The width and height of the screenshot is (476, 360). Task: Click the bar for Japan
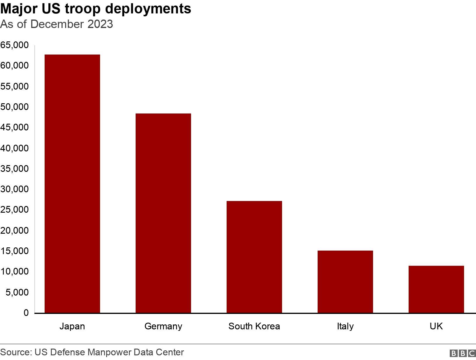pos(72,184)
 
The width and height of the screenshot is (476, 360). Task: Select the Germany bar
pos(163,213)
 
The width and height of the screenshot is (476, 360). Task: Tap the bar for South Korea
pos(254,257)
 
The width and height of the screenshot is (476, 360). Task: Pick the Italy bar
pos(345,282)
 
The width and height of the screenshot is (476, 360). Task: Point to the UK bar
pos(436,289)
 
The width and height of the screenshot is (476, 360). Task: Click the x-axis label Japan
pos(72,326)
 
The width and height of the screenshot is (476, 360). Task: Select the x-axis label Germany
pos(163,326)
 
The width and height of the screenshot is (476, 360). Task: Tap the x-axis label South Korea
pos(254,326)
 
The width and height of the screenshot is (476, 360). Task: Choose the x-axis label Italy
pos(345,326)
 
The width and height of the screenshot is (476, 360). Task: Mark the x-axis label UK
pos(436,326)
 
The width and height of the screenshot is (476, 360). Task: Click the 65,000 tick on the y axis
pos(14,45)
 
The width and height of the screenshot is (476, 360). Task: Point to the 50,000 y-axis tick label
pos(14,107)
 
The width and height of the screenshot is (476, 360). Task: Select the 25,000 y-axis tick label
pos(14,210)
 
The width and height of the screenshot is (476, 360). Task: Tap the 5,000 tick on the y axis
pos(17,292)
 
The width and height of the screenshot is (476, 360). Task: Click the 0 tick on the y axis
pos(26,313)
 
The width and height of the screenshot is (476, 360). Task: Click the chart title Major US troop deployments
pos(96,9)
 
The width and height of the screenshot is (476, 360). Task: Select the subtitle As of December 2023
pos(57,24)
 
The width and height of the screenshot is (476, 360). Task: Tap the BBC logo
pos(463,353)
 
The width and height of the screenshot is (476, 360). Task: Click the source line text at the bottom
pos(92,352)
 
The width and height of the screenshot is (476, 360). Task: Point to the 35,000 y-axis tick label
pos(14,169)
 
